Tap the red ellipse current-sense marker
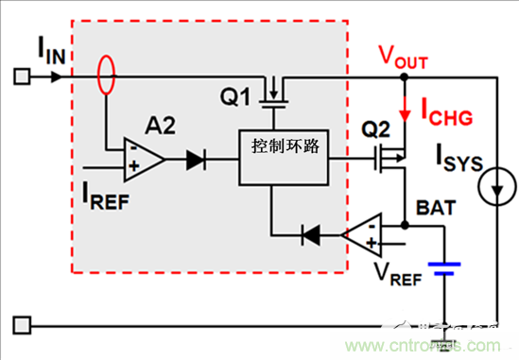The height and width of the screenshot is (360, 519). pos(108,74)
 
